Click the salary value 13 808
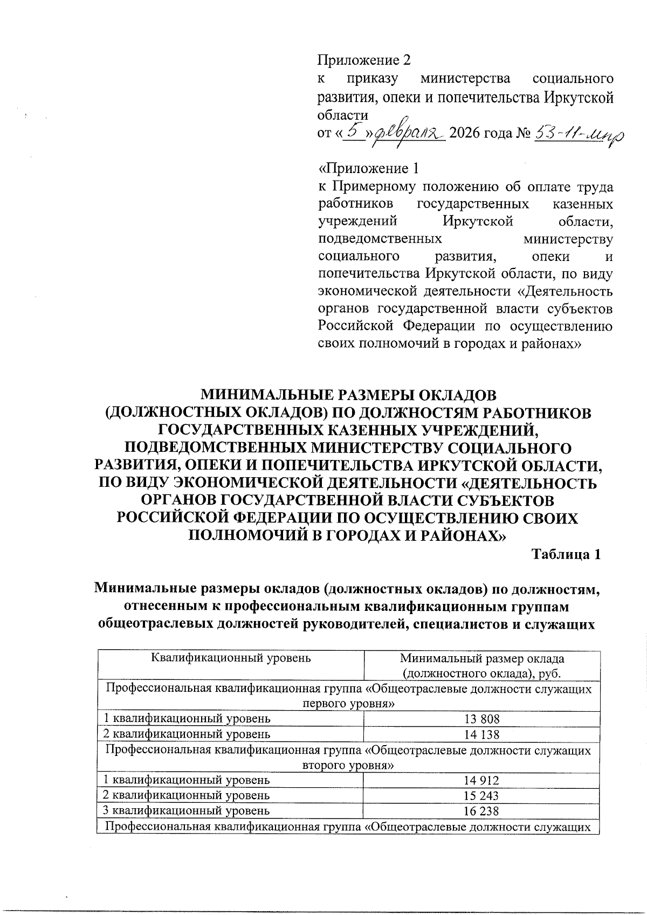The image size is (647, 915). click(x=482, y=718)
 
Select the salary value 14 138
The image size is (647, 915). click(x=482, y=734)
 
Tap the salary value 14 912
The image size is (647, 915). click(x=482, y=780)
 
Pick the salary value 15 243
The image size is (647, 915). click(x=482, y=795)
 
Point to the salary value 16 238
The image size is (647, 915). click(x=482, y=811)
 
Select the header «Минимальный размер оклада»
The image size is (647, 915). click(x=482, y=658)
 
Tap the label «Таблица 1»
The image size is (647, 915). click(x=566, y=554)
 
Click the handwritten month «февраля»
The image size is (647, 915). click(x=408, y=133)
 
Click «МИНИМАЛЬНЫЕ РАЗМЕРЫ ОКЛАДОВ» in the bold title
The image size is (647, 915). click(x=348, y=395)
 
